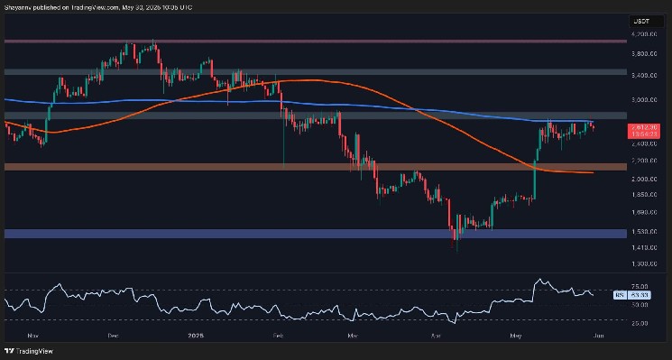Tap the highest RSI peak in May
(x=539, y=281)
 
